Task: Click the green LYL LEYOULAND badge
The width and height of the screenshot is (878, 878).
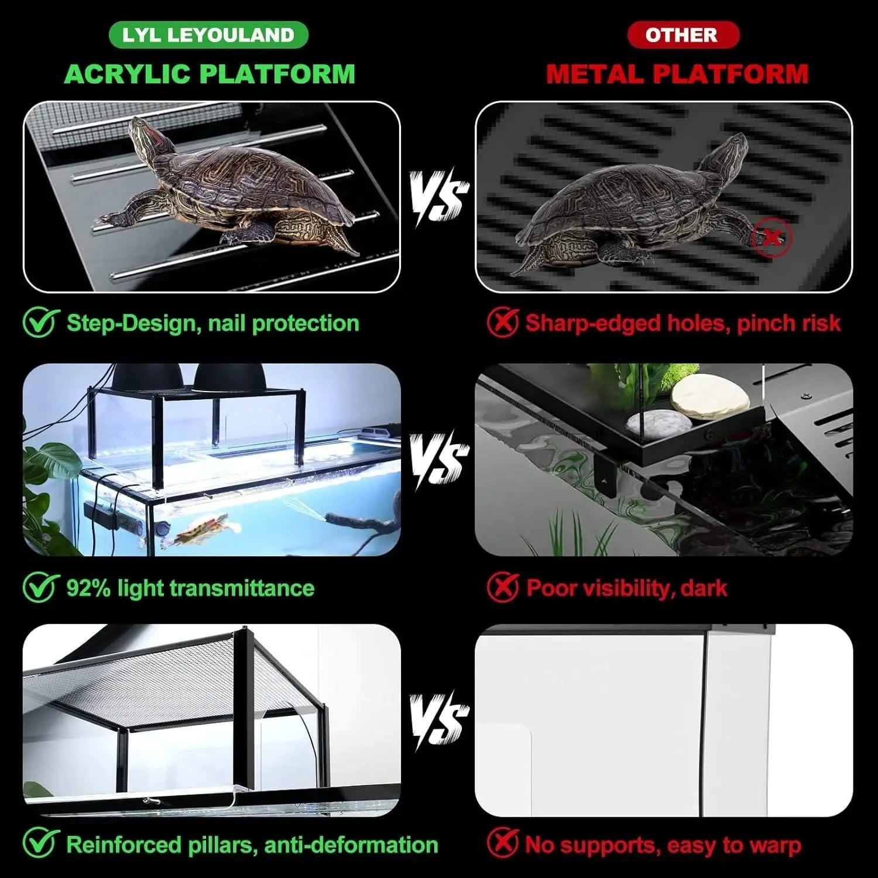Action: [x=208, y=35]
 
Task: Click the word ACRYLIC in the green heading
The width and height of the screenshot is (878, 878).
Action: [x=128, y=74]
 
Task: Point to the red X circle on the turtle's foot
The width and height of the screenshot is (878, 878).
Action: [x=771, y=238]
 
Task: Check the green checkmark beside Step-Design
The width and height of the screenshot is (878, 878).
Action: [x=41, y=323]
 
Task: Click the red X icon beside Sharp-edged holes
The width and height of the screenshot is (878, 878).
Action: [x=502, y=323]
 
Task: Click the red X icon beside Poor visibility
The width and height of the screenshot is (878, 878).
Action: [x=502, y=588]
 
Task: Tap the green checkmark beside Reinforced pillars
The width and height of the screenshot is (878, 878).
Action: [x=41, y=845]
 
